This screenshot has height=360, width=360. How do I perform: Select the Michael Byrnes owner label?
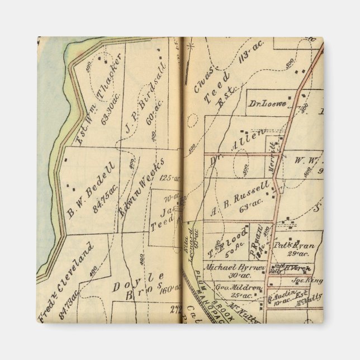234,267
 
